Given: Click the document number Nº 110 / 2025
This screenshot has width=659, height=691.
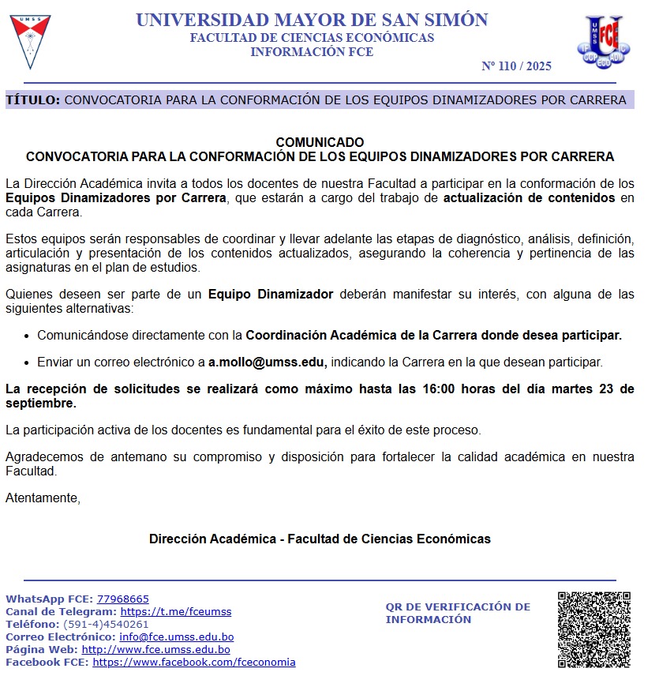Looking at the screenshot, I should tap(516, 66).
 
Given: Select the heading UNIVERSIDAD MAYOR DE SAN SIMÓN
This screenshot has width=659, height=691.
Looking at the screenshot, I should tap(312, 21).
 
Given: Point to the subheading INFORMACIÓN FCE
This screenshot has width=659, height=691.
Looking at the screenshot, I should tap(312, 52).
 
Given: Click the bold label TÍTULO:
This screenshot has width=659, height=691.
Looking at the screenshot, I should tap(32, 100).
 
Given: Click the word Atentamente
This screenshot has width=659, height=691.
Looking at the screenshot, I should tap(43, 498).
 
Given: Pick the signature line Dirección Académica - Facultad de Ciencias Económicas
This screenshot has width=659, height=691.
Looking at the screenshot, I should tap(320, 539).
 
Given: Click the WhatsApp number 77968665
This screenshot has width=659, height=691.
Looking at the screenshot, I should tap(122, 599).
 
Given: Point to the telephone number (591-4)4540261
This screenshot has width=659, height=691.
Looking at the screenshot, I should tap(106, 624).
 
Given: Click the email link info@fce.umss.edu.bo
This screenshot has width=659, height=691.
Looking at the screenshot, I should tap(176, 637).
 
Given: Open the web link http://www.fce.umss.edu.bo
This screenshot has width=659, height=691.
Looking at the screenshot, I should tap(155, 649).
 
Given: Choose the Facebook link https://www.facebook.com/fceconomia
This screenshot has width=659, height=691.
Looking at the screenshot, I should tap(194, 662).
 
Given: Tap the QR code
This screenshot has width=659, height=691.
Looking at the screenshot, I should tap(593, 629).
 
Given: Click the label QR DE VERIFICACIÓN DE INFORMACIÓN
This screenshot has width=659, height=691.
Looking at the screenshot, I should tap(458, 613).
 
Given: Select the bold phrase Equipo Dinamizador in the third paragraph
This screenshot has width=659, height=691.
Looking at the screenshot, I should tap(271, 295).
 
